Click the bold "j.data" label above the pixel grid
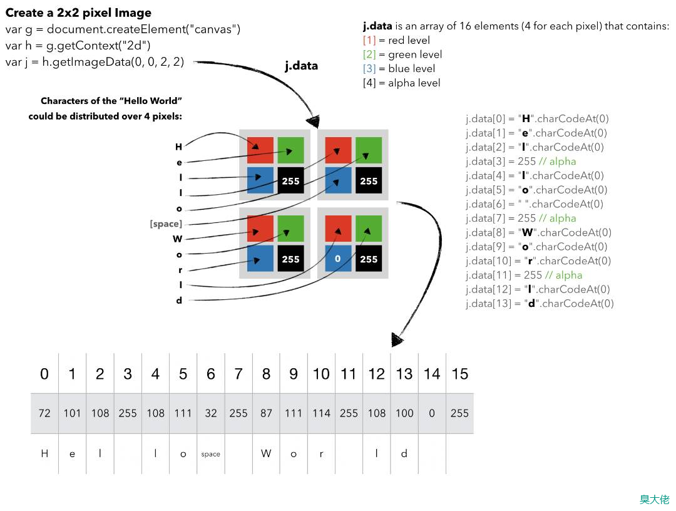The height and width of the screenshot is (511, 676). click(x=301, y=65)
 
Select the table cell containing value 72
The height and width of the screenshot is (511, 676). click(x=44, y=413)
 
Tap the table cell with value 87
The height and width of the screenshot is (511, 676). click(x=266, y=413)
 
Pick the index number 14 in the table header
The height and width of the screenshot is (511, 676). click(x=432, y=374)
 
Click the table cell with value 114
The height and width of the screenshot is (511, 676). click(x=321, y=413)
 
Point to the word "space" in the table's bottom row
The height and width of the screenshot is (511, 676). click(x=211, y=454)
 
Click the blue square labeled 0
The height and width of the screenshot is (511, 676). click(x=337, y=259)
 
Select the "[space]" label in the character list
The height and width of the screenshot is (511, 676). click(x=166, y=224)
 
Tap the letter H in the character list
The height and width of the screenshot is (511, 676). click(x=178, y=147)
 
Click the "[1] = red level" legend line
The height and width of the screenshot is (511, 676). click(x=396, y=40)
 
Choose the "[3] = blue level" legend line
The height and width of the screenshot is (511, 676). click(x=399, y=68)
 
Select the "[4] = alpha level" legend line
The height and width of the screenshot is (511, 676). click(x=401, y=83)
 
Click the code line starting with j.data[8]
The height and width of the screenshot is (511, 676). click(x=536, y=232)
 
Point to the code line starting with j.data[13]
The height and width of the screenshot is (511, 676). click(x=540, y=303)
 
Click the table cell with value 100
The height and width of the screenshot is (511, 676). click(x=404, y=413)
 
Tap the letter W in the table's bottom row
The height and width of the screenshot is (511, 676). click(x=266, y=453)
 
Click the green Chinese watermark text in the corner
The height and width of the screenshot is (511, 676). click(x=654, y=499)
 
